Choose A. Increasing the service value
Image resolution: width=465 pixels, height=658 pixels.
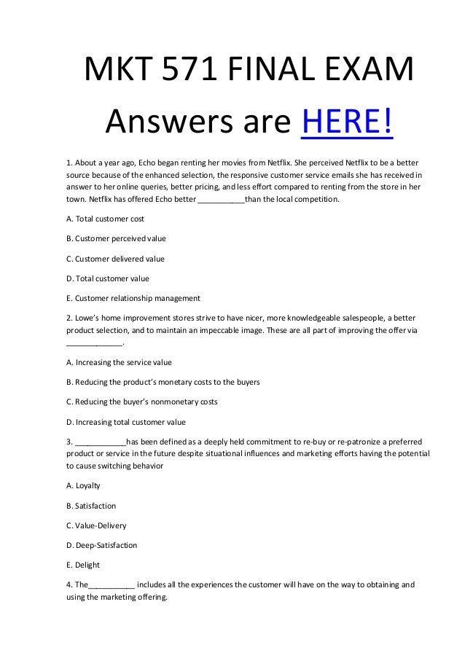pos(119,361)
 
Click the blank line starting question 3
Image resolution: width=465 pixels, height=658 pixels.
pos(101,442)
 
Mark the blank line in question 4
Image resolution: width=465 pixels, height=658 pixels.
pos(112,584)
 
